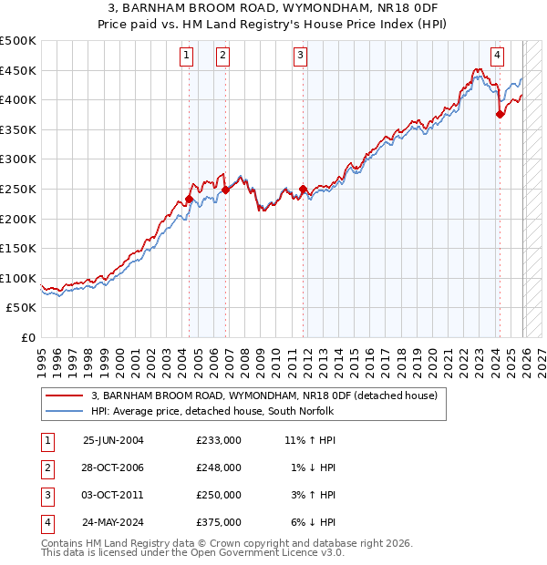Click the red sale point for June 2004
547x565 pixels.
pos(189,200)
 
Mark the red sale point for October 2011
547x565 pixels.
pos(302,190)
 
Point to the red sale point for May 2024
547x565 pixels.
pos(500,115)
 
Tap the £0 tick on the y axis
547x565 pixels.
pos(29,337)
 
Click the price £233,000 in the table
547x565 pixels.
pos(218,440)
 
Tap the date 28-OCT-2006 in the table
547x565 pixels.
pos(113,467)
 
